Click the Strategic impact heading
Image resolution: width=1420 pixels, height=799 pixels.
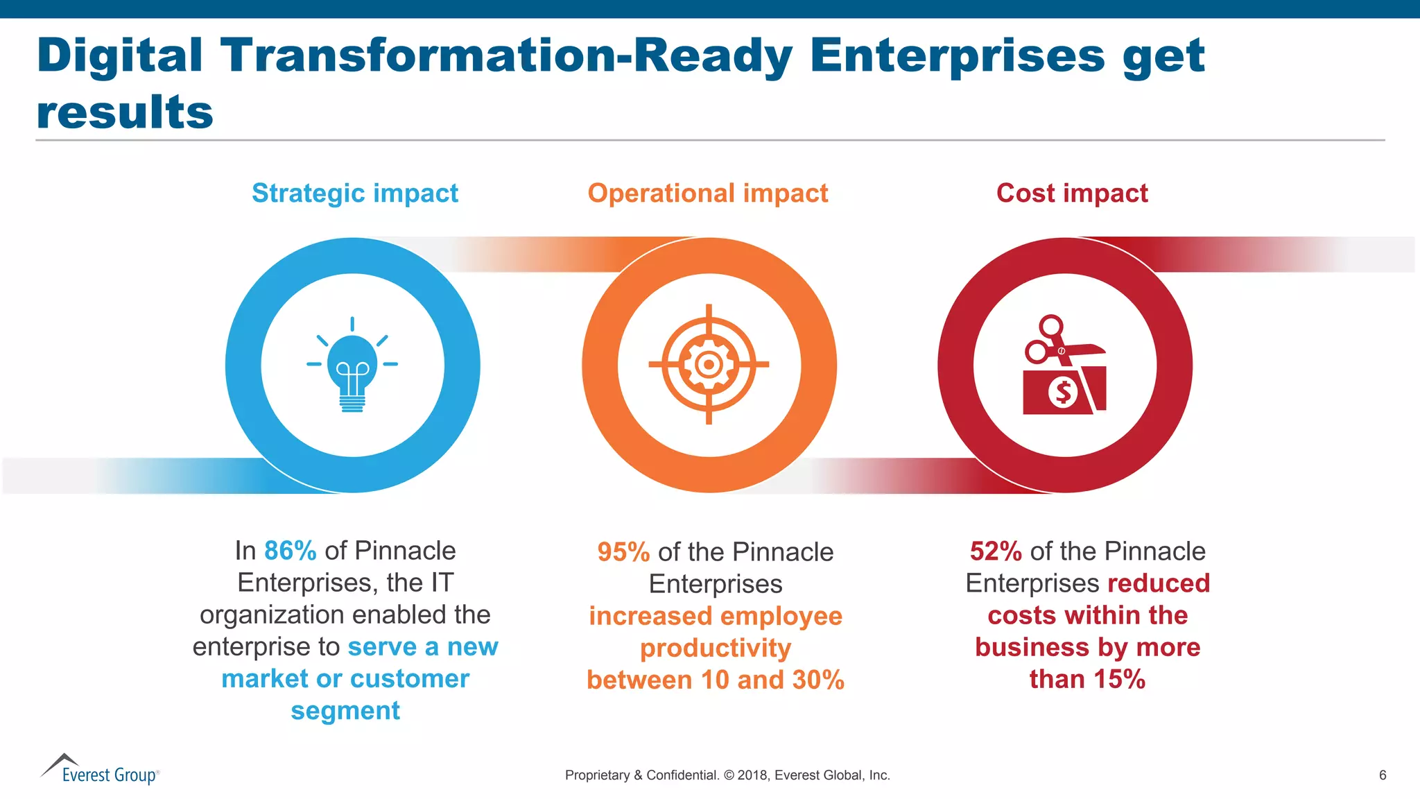[354, 193]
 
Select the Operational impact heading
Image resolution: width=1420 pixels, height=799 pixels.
[707, 193]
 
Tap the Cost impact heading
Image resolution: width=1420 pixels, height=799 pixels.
[1072, 193]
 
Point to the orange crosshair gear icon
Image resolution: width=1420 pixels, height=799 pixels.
[709, 364]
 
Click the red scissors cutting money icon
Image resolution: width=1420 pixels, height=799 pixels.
[1064, 366]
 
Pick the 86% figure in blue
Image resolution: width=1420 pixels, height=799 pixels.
[290, 551]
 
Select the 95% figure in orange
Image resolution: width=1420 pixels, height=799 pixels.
[623, 552]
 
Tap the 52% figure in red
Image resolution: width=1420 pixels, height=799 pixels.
[996, 551]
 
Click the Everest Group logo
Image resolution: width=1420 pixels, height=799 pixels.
[100, 770]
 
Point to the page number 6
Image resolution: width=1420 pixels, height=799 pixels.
[1383, 775]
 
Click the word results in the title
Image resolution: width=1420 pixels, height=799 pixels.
[125, 112]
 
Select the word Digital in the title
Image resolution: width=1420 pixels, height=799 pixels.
[119, 55]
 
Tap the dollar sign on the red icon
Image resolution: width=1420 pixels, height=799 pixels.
[1062, 393]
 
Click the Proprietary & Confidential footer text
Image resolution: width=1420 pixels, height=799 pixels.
[727, 775]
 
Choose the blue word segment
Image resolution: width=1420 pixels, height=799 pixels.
[345, 711]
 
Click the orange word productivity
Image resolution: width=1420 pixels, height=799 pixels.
[715, 648]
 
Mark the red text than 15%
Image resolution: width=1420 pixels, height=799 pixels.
[1086, 679]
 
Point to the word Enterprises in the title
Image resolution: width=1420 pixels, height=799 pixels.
[956, 55]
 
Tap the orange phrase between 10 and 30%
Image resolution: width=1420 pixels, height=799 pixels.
[715, 680]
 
